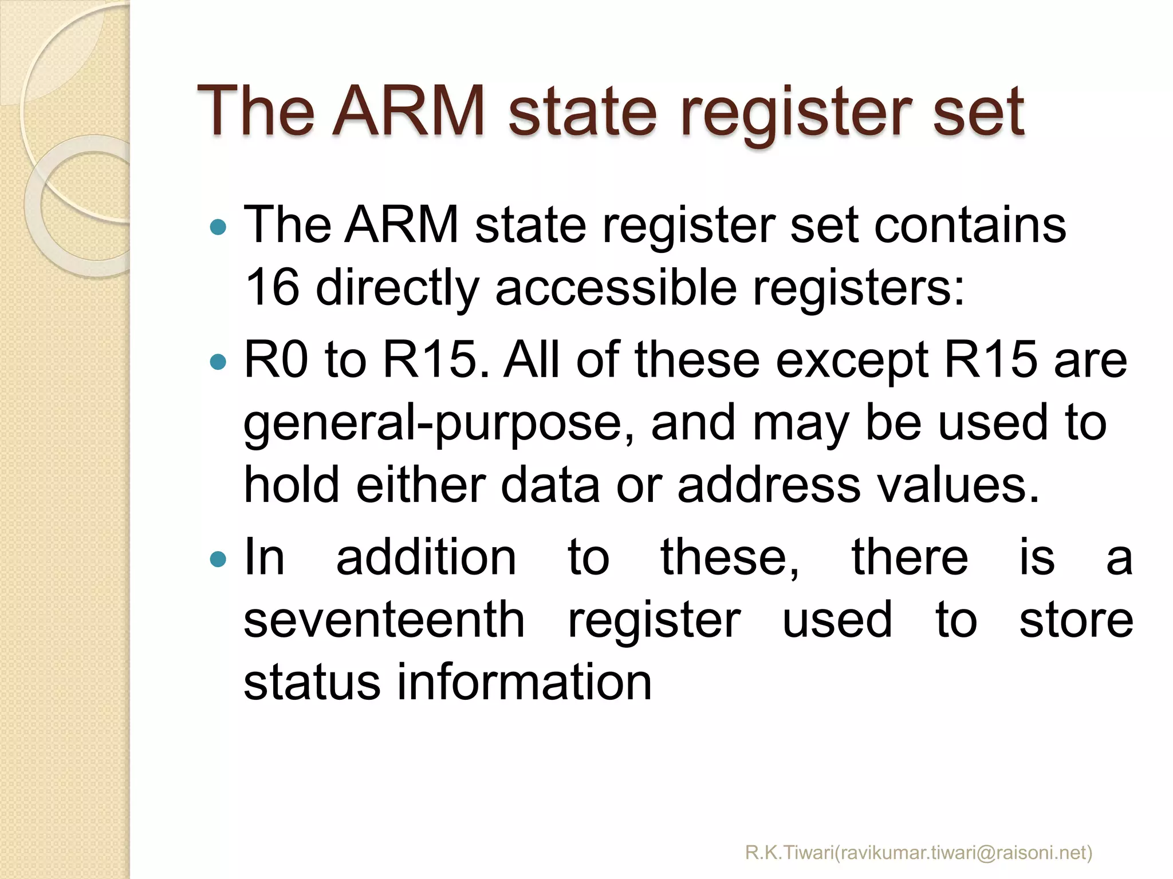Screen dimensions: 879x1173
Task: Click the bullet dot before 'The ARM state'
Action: [218, 227]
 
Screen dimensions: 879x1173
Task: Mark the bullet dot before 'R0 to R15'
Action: [218, 362]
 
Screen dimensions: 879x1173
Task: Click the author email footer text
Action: [919, 853]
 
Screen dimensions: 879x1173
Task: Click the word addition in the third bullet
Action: [426, 558]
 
